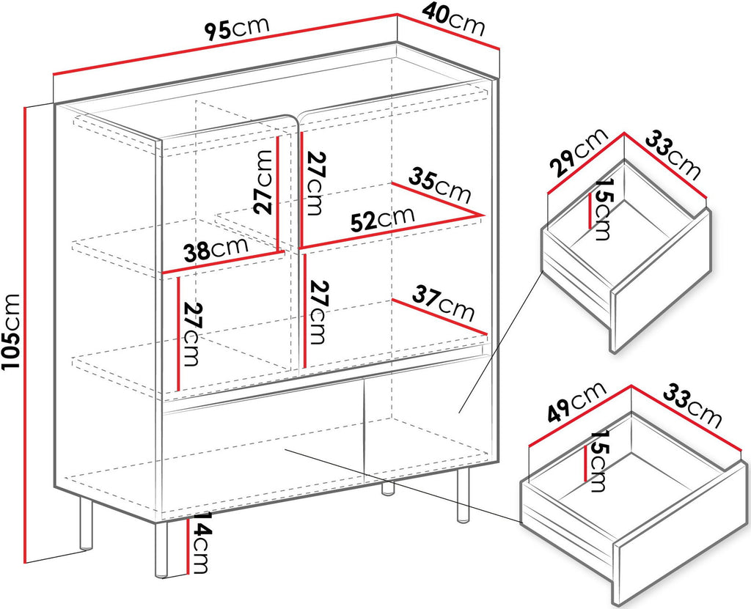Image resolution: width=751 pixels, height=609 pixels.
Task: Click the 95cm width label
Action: coord(237,29)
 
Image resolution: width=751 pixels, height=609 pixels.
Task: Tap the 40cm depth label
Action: coord(453,20)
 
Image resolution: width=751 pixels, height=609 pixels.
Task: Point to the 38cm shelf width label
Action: coord(216,248)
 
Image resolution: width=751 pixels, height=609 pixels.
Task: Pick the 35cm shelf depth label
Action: coord(440,185)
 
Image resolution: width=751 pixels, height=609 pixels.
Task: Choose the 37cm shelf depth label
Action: coord(444,303)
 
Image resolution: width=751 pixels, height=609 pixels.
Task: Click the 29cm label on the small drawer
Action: coord(578,152)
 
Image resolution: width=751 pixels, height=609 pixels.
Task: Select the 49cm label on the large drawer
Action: coord(576,402)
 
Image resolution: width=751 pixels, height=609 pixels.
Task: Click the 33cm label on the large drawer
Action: coord(692,406)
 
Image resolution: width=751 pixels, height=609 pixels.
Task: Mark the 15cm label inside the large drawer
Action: coord(598,460)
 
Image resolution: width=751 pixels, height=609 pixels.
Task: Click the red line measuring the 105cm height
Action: coord(24,335)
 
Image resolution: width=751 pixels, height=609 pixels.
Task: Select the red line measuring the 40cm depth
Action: coord(449,32)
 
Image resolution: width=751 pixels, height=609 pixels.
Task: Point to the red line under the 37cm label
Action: coord(440,317)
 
